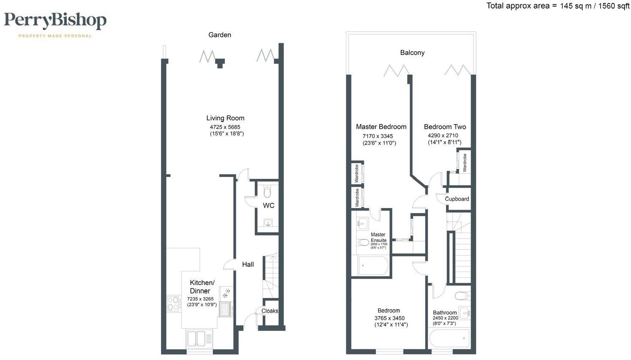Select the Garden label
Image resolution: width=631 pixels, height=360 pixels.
(220, 35)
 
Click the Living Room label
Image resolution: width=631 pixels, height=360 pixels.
(225, 118)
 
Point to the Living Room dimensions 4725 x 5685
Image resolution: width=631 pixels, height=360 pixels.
(225, 127)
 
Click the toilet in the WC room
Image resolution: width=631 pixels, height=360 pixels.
(268, 191)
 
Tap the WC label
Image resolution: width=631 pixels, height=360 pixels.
(268, 205)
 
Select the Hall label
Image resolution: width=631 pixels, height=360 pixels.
(248, 265)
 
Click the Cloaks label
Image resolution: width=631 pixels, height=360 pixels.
(270, 311)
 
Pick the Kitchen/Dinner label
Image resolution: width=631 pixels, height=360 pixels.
(202, 286)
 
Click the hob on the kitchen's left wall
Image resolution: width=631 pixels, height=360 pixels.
(173, 303)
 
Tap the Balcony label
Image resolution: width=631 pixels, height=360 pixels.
(412, 53)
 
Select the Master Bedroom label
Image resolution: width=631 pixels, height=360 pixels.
(381, 127)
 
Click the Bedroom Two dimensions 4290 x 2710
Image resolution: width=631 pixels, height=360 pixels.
(443, 135)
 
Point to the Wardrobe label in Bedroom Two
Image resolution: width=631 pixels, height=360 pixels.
(465, 163)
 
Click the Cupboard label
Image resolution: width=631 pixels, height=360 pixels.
(457, 199)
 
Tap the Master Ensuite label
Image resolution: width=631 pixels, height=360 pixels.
(378, 238)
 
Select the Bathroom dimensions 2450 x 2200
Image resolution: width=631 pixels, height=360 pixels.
(445, 318)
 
